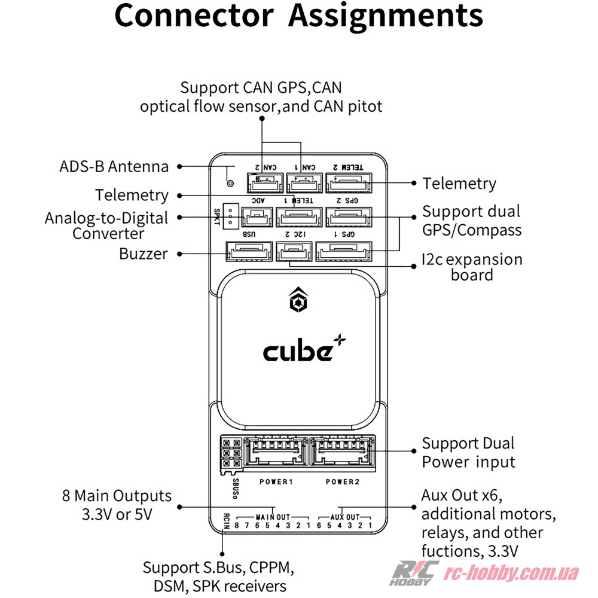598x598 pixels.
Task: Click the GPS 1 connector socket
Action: [344, 251]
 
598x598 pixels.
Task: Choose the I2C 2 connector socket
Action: [294, 251]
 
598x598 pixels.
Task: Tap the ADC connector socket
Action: [258, 216]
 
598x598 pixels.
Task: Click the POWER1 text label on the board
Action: [276, 481]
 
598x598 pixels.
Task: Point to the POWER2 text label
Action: [341, 481]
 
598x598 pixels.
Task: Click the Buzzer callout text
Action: [144, 254]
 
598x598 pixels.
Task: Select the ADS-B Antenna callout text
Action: [114, 166]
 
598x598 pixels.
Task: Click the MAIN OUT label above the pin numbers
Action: [273, 517]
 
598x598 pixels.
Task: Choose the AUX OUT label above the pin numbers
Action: [345, 517]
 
